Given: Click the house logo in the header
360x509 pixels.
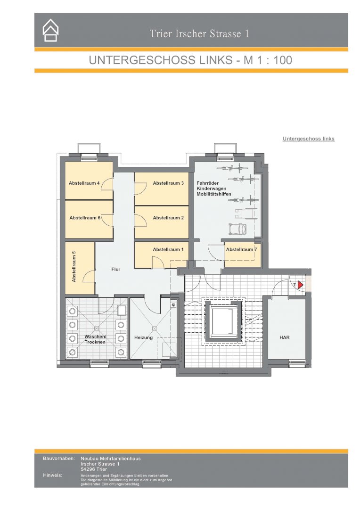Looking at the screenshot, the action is coord(50,30).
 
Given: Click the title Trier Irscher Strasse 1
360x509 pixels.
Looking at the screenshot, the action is coord(199,34).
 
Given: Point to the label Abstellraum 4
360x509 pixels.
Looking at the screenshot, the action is coord(84,183).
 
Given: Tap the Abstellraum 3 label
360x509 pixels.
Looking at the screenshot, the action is coord(168,183).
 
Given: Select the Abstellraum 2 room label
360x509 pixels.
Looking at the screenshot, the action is coord(168,218).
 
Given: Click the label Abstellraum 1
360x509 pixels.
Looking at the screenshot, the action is coord(168,249).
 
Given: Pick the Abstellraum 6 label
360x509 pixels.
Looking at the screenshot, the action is coord(85,218).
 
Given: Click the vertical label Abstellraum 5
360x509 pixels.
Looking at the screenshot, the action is coord(74,266).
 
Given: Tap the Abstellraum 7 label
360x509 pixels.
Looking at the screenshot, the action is coord(242,249).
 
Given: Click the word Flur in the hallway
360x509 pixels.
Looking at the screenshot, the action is coord(115,269).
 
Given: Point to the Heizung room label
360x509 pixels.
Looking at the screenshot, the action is coord(143,337).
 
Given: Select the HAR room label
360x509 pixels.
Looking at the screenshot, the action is coord(284,337).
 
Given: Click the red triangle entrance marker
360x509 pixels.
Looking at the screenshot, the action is coord(300,285).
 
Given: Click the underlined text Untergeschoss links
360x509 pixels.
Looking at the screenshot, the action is coord(308,139).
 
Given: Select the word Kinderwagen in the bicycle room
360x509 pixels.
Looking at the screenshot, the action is coord(211,189).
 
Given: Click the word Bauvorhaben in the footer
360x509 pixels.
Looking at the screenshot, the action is coord(59,459).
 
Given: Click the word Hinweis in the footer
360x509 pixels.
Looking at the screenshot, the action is coord(52,475).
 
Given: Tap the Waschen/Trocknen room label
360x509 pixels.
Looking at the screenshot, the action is coord(95,339).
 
